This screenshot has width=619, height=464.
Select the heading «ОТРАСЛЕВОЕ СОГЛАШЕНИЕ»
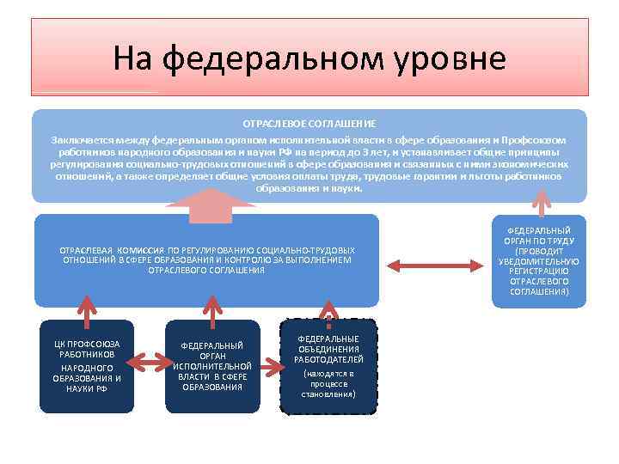(310, 124)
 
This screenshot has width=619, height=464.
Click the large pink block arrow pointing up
(211, 205)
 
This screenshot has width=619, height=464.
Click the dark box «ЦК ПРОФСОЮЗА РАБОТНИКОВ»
(87, 365)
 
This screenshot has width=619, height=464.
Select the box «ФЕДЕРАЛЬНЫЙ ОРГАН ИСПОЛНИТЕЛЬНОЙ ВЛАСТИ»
(211, 365)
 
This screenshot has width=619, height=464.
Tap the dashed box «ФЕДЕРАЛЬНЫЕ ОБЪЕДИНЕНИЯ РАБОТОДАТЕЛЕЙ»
(328, 365)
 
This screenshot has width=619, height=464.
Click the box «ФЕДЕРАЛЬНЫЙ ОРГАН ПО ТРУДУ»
(539, 261)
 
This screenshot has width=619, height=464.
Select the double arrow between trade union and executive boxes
(148, 366)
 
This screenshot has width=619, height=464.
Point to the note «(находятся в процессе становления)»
(328, 384)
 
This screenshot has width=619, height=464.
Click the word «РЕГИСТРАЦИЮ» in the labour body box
(539, 272)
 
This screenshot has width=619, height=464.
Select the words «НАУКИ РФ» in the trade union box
(87, 388)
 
